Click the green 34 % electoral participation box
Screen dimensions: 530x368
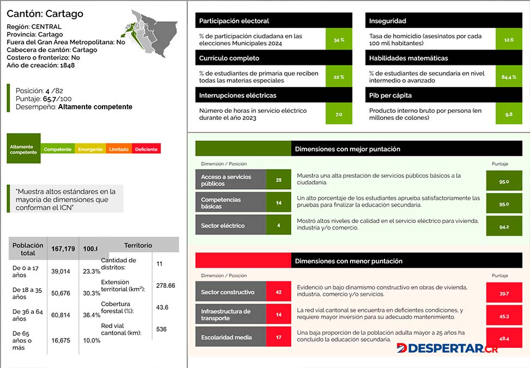point(339,40)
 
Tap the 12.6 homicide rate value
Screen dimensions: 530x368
point(509,40)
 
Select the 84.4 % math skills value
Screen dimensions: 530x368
point(509,77)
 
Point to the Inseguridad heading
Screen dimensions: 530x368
point(387,21)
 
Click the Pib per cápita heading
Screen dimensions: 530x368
point(390,95)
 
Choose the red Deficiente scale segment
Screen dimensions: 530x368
point(146,149)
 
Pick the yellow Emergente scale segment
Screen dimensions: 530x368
point(91,149)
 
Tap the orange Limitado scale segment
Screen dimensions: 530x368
point(119,149)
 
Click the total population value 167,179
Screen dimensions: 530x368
point(63,249)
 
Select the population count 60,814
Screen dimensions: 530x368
point(61,315)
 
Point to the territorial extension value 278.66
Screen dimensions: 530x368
point(166,286)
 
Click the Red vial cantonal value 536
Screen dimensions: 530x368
point(161,329)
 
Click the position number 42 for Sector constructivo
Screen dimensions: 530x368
point(279,292)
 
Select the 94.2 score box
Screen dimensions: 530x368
point(504,226)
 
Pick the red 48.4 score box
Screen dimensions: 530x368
point(504,337)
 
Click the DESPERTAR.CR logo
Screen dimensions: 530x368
point(447,348)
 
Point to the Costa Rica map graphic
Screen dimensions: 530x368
point(151,33)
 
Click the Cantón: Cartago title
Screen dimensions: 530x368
point(45,14)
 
